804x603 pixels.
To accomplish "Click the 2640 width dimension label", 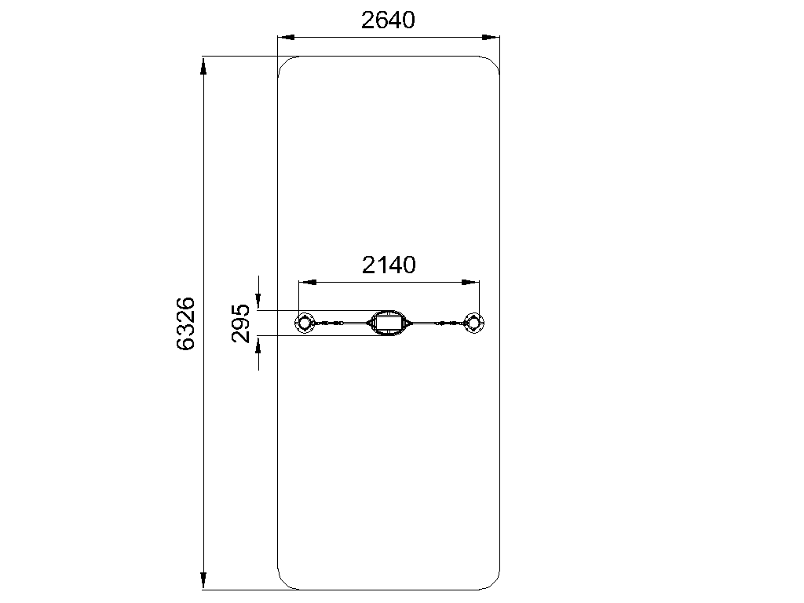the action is click(388, 20).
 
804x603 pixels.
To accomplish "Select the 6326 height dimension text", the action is click(185, 323).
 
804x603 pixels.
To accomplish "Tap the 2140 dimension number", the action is click(389, 265).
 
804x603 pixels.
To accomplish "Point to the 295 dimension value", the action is click(240, 323).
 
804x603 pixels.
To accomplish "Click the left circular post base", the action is click(305, 323).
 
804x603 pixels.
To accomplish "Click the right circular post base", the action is click(473, 323).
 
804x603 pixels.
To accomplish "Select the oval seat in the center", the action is click(389, 323).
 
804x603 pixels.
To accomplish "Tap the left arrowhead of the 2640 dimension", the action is click(286, 37).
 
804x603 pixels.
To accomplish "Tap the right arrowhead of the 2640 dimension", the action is click(491, 37).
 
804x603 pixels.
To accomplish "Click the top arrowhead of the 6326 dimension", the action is click(203, 66).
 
